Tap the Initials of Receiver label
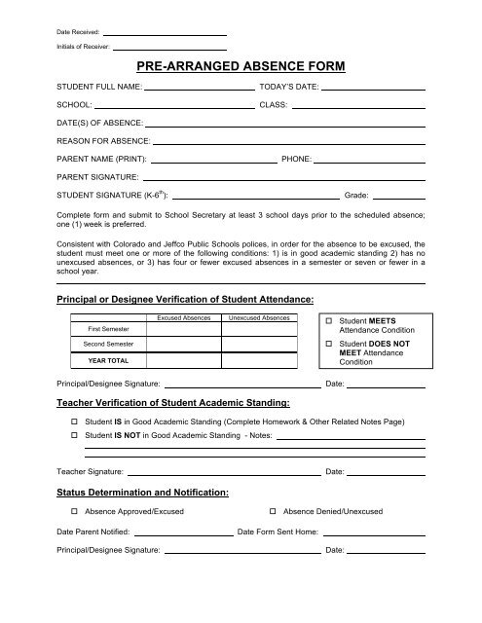(83, 46)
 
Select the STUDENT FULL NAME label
(99, 88)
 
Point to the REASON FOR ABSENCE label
(102, 141)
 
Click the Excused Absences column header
(182, 318)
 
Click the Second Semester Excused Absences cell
(182, 345)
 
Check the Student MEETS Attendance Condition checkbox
(329, 320)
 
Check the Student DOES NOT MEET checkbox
(329, 347)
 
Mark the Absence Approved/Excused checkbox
(75, 511)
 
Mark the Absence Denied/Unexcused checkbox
(272, 511)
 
